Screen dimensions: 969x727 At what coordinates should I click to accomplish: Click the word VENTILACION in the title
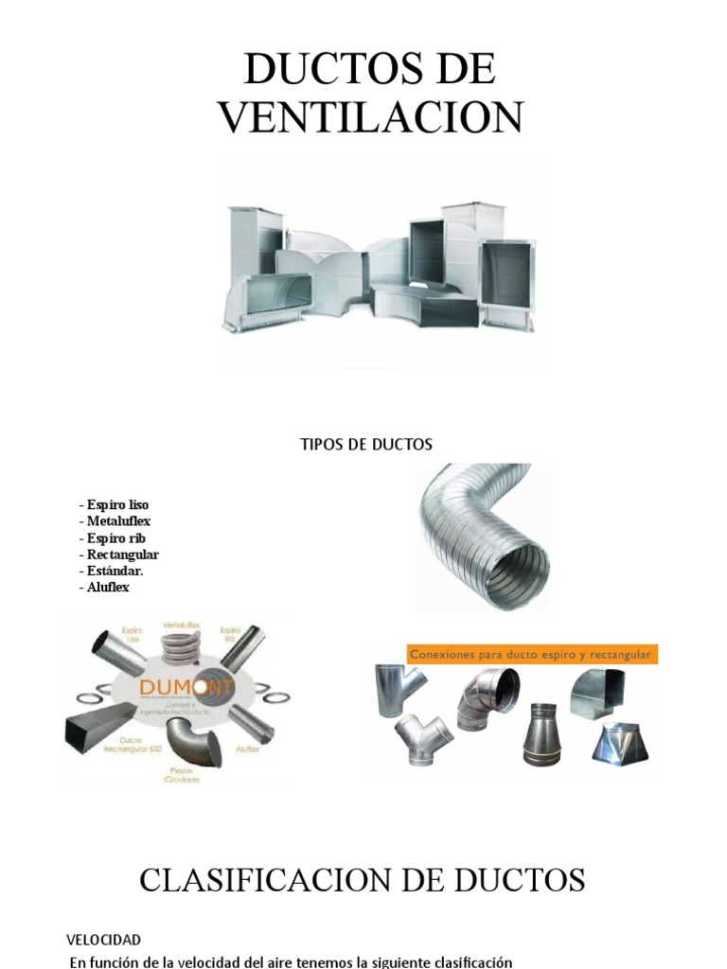pos(370,117)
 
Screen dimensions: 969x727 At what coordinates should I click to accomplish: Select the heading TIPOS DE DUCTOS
pos(365,445)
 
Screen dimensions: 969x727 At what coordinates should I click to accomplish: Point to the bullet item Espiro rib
pos(113,537)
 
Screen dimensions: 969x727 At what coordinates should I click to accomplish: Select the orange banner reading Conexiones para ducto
pos(531,654)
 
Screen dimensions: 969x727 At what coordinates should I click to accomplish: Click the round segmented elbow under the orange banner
pos(488,698)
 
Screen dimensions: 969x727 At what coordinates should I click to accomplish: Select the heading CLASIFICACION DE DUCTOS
pos(363,881)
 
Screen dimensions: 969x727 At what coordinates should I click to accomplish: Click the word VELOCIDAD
pos(103,940)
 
